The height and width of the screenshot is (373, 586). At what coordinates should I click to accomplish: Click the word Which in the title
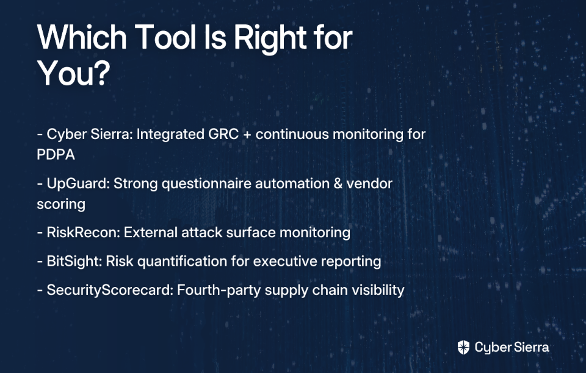click(x=82, y=37)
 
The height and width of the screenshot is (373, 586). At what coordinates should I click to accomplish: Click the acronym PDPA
click(x=56, y=154)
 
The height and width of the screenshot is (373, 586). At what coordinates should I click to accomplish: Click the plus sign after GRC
click(x=247, y=135)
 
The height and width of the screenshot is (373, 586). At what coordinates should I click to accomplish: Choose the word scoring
click(x=61, y=205)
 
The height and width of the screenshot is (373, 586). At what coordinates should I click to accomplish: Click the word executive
click(x=285, y=261)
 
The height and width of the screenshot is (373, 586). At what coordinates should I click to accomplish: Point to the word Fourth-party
click(x=219, y=291)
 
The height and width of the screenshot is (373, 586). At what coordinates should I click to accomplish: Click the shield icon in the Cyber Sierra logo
click(x=463, y=347)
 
